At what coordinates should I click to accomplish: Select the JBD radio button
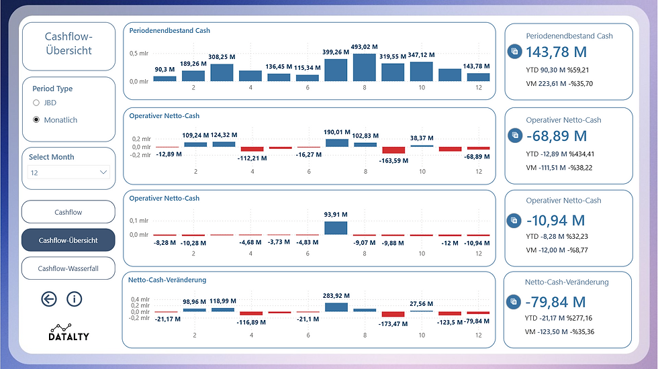pos(36,103)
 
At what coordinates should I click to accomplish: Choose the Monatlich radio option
pos(36,120)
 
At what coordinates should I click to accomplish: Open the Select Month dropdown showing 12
pos(68,172)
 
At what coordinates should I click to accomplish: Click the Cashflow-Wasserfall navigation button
pos(68,268)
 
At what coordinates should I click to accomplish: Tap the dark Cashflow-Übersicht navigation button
pos(68,240)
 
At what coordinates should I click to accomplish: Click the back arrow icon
pos(49,299)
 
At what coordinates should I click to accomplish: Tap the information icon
pos(74,299)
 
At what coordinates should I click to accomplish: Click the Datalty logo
pos(68,331)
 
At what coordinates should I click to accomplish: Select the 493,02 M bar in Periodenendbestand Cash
pos(364,68)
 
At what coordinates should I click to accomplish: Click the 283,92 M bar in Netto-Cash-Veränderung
pos(336,307)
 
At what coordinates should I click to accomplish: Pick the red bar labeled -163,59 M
pos(393,150)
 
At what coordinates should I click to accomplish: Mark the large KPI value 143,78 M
pos(557,52)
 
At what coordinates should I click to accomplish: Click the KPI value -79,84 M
pos(557,302)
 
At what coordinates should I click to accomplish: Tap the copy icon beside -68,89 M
pos(515,136)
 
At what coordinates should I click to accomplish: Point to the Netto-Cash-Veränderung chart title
pos(167,280)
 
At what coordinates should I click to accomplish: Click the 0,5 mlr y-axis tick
pos(138,53)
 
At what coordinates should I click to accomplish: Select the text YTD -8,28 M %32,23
pos(559,235)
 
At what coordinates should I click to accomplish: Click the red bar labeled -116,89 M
pos(251,313)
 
